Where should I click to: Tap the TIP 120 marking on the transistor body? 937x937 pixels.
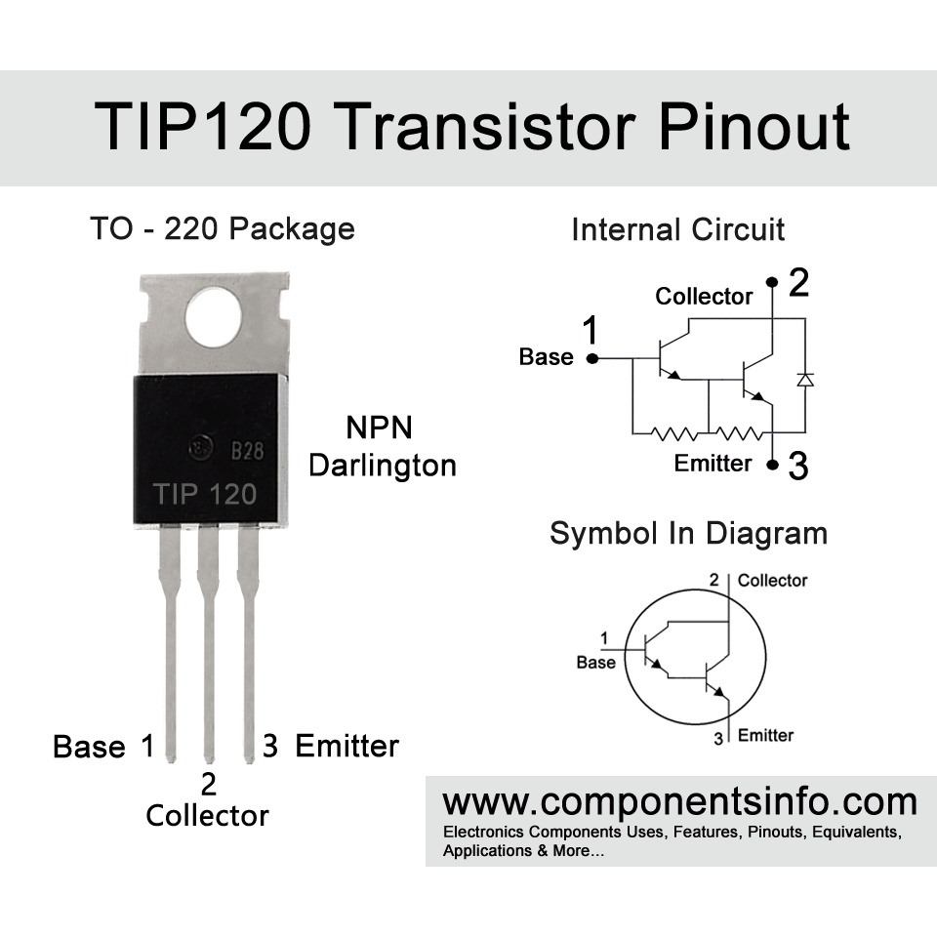click(205, 494)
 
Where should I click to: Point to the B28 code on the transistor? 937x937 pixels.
click(248, 452)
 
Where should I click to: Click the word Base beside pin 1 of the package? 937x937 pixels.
click(89, 748)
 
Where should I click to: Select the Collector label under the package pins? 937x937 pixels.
click(207, 816)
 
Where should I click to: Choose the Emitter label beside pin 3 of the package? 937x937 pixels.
click(346, 747)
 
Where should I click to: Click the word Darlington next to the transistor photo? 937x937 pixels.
click(383, 466)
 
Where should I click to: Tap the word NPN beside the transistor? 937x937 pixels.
click(380, 428)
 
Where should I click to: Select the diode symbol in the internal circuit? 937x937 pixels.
click(804, 379)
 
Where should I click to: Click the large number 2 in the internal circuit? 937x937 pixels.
click(798, 283)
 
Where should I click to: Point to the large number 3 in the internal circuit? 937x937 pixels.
click(798, 468)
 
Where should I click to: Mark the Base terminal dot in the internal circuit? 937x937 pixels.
click(591, 358)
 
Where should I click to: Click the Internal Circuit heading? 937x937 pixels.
click(677, 230)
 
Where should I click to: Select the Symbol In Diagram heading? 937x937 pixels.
click(688, 534)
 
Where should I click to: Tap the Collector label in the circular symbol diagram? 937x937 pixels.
click(772, 581)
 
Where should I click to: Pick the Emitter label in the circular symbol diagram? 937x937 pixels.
click(765, 735)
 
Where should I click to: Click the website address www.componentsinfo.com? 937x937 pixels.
click(679, 802)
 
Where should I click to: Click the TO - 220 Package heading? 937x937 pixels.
click(223, 229)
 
